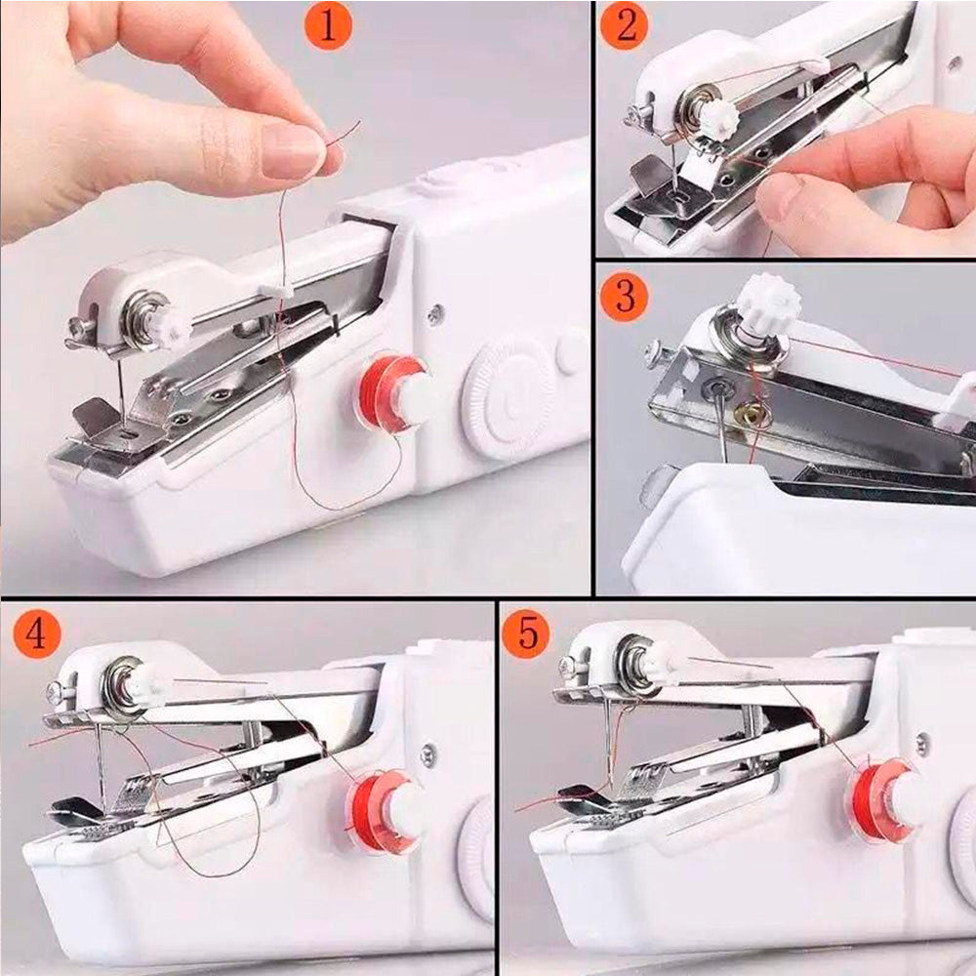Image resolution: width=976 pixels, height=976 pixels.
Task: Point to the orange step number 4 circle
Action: pyautogui.click(x=36, y=635)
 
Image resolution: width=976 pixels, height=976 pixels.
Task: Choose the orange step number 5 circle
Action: pyautogui.click(x=527, y=635)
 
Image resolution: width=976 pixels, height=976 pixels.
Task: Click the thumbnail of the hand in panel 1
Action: pyautogui.click(x=292, y=151)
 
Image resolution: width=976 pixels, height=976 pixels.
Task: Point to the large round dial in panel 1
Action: pyautogui.click(x=508, y=395)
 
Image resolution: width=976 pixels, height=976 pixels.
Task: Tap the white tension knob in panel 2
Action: pyautogui.click(x=718, y=118)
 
